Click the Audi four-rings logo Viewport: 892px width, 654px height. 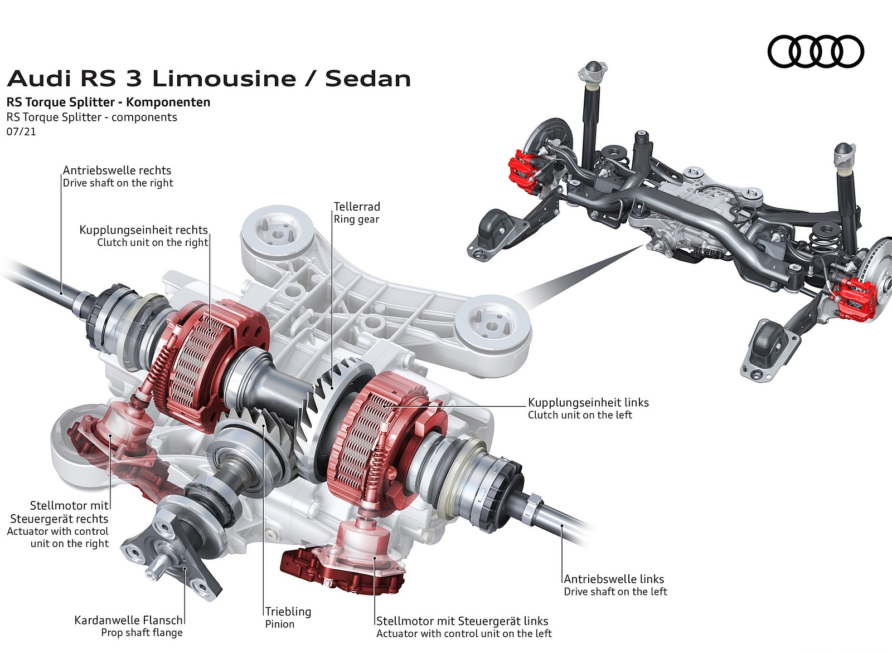click(x=815, y=52)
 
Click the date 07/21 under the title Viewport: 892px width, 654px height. click(x=21, y=132)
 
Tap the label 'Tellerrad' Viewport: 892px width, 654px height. click(x=357, y=207)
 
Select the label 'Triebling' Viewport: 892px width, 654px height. click(x=288, y=611)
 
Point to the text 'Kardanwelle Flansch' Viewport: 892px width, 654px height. click(x=128, y=620)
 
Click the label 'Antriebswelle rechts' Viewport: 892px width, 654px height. click(x=117, y=170)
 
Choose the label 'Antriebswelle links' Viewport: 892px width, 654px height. click(x=614, y=579)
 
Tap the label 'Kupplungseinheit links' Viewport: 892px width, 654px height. click(x=588, y=402)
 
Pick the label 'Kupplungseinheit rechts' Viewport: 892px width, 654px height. click(x=143, y=230)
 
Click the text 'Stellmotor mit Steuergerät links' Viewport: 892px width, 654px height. click(x=462, y=621)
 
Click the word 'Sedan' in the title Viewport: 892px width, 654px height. click(x=368, y=79)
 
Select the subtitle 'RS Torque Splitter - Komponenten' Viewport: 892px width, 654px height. click(x=108, y=102)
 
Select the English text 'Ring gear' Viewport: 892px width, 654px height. click(x=356, y=219)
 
